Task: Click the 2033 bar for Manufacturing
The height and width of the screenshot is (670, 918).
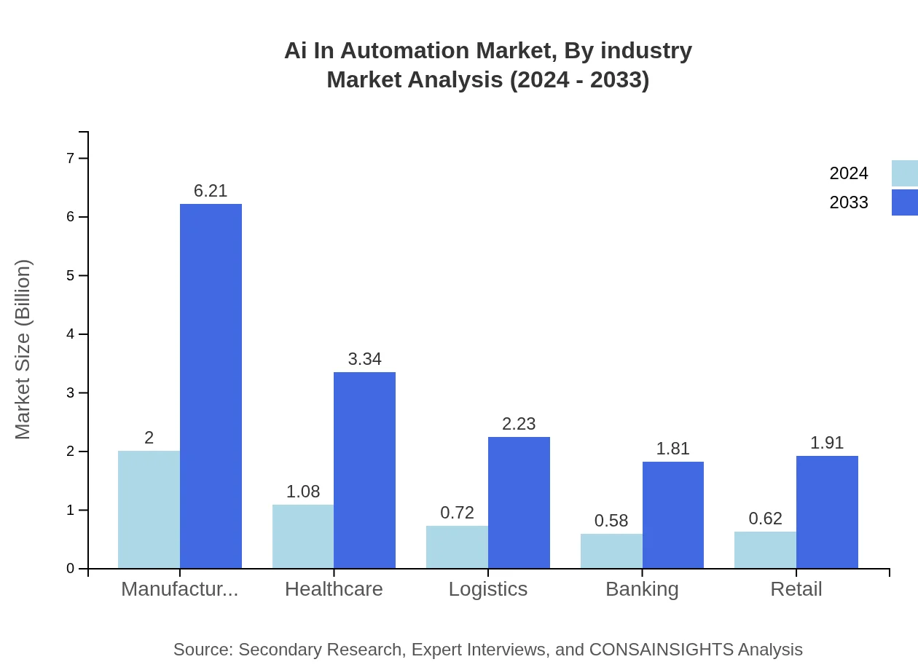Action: (x=211, y=386)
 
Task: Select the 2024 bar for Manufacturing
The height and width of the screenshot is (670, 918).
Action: (x=149, y=510)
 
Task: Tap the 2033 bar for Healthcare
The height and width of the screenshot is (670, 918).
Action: (x=364, y=470)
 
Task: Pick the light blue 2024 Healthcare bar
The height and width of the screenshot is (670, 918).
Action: (x=303, y=537)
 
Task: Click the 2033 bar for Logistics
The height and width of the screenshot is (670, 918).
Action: (x=519, y=502)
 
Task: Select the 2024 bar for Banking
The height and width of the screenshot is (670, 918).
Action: (x=611, y=551)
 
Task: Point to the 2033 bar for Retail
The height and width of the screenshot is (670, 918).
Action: (x=827, y=512)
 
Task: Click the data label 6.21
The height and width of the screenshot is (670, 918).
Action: (x=211, y=191)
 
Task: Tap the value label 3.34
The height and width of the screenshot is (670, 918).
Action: (x=364, y=359)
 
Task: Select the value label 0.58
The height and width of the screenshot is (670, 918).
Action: (x=611, y=521)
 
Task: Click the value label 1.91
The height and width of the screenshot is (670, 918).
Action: (x=827, y=443)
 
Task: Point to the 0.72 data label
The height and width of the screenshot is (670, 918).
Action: (x=457, y=513)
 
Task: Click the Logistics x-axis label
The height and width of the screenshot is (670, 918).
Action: (x=488, y=589)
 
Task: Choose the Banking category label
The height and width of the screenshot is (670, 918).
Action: (x=642, y=589)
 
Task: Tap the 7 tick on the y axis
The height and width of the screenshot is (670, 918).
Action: (x=71, y=158)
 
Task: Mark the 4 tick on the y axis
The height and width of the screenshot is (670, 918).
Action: (x=71, y=334)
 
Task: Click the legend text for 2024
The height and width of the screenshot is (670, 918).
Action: (x=849, y=173)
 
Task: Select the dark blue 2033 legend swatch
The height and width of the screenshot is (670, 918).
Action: (x=904, y=202)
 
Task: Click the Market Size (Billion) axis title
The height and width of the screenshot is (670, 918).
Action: (x=23, y=350)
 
